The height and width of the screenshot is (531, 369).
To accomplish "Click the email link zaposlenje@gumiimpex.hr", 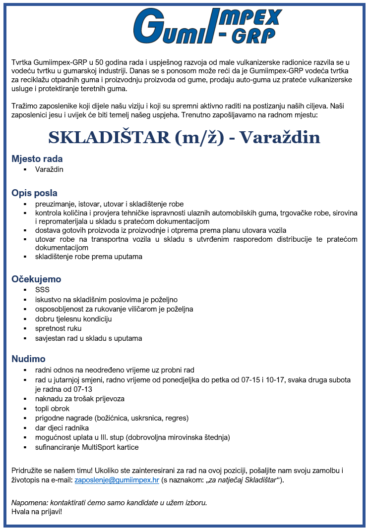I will pos(117,480).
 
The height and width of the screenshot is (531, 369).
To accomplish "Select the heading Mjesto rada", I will pos(37,159).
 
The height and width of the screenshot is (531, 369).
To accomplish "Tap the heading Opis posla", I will pos(34,193).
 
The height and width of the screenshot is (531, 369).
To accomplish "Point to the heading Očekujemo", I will pos(36,279).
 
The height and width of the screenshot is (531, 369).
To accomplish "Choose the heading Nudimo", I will pos(28,359).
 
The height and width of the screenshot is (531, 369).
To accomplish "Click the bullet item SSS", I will pos(42,290).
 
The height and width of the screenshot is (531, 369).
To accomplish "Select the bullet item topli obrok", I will pos(52,409).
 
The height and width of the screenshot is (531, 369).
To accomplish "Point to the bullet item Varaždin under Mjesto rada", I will pos(49,169).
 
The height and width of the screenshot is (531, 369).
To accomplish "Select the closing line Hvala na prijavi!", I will pos(37,511).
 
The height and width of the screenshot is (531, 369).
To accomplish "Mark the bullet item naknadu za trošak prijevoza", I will pos(79,399).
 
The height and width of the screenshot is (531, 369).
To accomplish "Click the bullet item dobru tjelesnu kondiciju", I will pos(73,319).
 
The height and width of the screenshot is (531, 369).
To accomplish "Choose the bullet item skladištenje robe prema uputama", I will pos(88,257).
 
